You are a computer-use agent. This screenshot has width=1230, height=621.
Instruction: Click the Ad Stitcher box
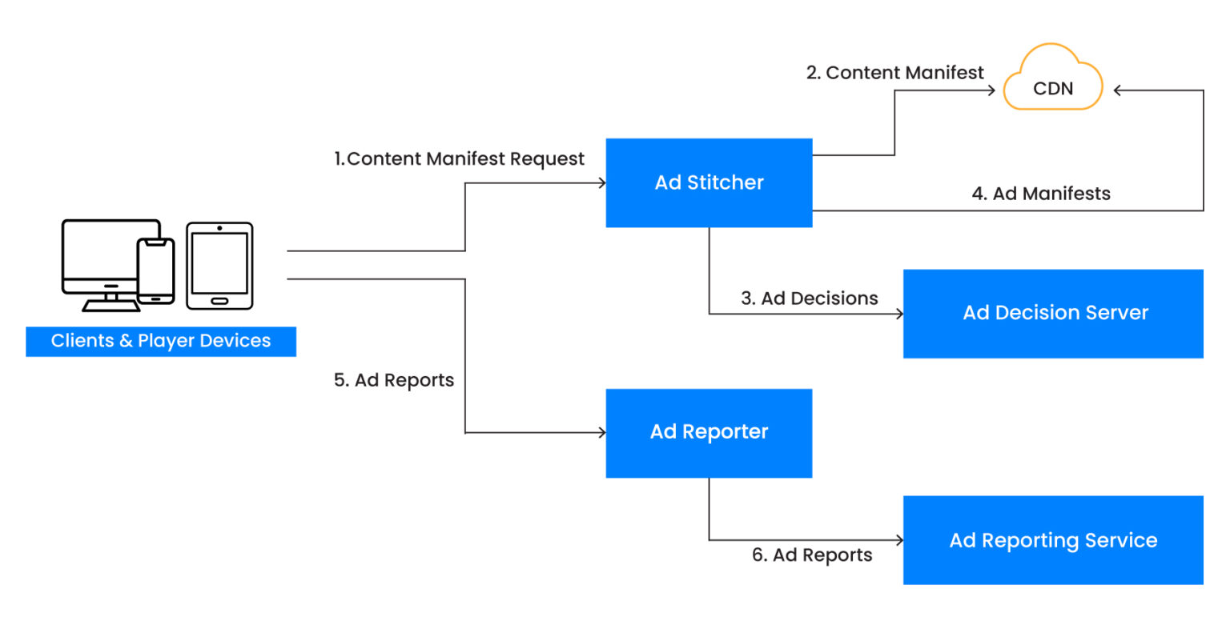(x=709, y=182)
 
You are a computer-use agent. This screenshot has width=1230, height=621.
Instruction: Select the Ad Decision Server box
(x=1053, y=313)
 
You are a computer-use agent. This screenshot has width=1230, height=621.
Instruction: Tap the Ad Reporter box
(x=709, y=432)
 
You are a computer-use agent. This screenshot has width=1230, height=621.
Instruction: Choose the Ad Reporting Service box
(x=1053, y=540)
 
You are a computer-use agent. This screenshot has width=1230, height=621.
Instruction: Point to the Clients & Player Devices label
(x=161, y=341)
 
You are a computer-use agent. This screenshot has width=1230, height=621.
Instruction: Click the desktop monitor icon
(x=104, y=260)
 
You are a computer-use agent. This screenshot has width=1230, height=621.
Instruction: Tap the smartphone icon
(x=155, y=270)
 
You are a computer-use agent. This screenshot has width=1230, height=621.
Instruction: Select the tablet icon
(x=219, y=266)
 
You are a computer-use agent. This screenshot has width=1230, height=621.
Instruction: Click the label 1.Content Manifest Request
(x=459, y=158)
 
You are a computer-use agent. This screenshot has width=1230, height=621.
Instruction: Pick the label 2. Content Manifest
(x=894, y=73)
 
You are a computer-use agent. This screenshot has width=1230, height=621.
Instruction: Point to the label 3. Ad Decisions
(x=809, y=298)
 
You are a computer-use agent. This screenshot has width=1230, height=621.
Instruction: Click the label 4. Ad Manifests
(x=1040, y=193)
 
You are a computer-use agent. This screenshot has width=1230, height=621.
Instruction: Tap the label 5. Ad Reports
(x=393, y=380)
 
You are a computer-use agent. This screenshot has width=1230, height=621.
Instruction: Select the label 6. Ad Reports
(x=812, y=555)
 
